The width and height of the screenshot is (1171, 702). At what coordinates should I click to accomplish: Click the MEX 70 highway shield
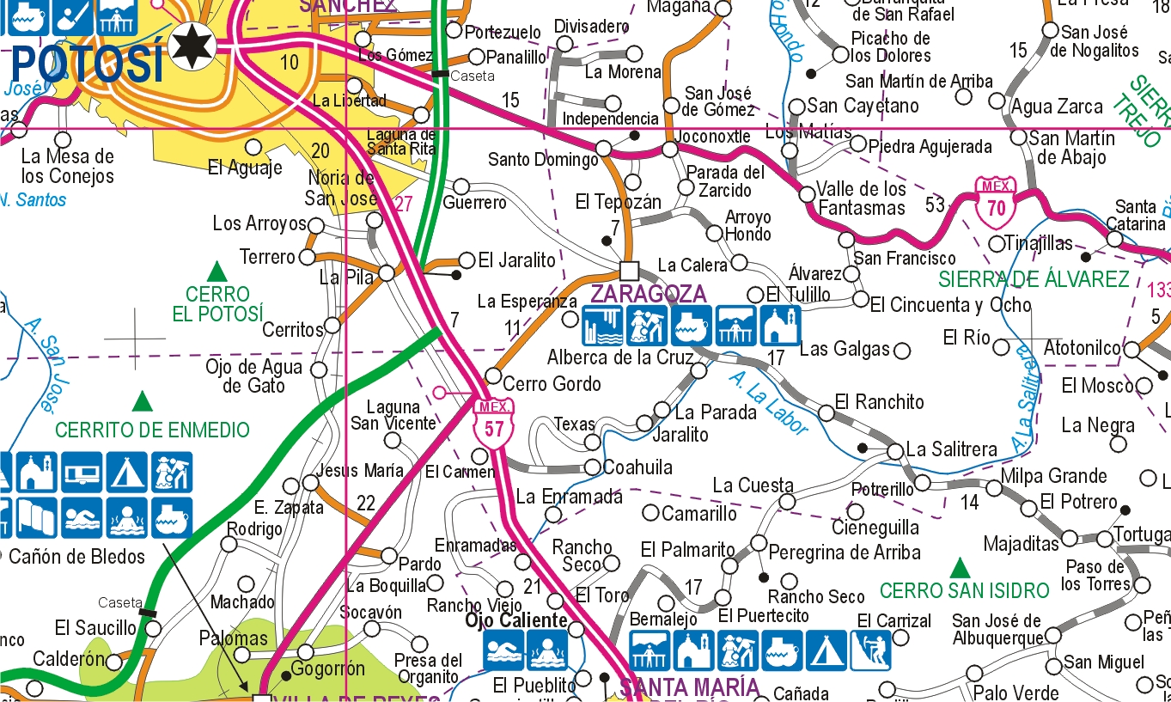pyautogui.click(x=997, y=200)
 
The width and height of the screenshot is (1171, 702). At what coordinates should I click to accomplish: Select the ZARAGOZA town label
pyautogui.click(x=649, y=294)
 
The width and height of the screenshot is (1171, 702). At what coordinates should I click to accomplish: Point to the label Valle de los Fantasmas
pyautogui.click(x=861, y=198)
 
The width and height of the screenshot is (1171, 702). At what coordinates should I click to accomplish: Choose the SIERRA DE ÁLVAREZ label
pyautogui.click(x=1034, y=278)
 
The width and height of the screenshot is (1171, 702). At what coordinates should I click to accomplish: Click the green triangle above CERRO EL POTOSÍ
pyautogui.click(x=217, y=272)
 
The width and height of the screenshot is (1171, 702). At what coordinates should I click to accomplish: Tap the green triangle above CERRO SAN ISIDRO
pyautogui.click(x=960, y=568)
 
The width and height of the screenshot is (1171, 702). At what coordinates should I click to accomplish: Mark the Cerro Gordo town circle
pyautogui.click(x=493, y=375)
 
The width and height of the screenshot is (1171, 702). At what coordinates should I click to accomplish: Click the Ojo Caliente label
pyautogui.click(x=516, y=620)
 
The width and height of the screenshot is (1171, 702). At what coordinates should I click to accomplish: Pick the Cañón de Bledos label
pyautogui.click(x=77, y=556)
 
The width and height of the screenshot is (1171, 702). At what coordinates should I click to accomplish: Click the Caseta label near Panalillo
pyautogui.click(x=473, y=76)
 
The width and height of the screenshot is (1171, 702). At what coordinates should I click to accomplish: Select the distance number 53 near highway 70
pyautogui.click(x=936, y=205)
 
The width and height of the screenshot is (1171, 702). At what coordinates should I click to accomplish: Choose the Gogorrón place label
pyautogui.click(x=328, y=668)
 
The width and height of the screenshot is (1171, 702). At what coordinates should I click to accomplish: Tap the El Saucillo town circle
pyautogui.click(x=153, y=628)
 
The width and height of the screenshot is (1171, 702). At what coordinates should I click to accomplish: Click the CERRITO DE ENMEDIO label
pyautogui.click(x=152, y=430)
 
